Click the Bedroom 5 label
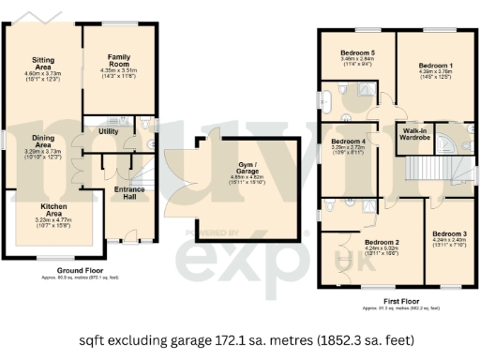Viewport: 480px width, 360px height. click(x=355, y=52)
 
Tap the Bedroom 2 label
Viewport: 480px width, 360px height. click(x=382, y=242)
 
